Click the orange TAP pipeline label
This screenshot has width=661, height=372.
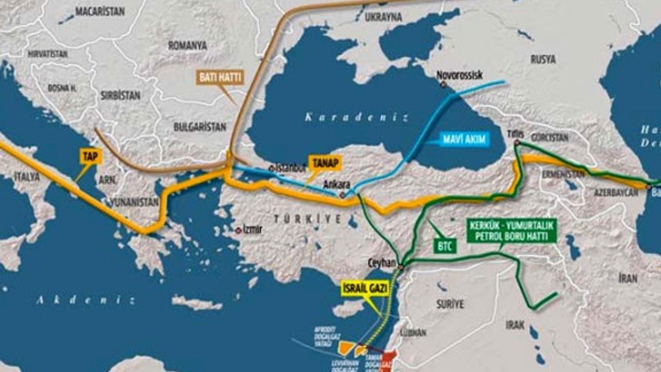pyautogui.click(x=89, y=157)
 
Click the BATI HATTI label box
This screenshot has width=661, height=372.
pyautogui.click(x=219, y=78)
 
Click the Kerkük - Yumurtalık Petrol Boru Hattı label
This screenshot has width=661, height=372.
pyautogui.click(x=512, y=231)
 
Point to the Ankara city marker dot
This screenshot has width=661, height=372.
pyautogui.click(x=342, y=195)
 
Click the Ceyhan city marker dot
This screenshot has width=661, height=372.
pyautogui.click(x=400, y=267)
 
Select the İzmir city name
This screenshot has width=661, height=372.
pyautogui.click(x=253, y=230)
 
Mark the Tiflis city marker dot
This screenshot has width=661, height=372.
pyautogui.click(x=516, y=142)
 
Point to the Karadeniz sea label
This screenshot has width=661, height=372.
pyautogui.click(x=356, y=117)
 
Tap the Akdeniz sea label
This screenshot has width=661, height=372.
pyautogui.click(x=85, y=300)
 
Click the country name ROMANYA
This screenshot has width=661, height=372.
pyautogui.click(x=187, y=46)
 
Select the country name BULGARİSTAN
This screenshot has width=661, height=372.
pyautogui.click(x=200, y=127)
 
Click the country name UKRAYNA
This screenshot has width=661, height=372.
pyautogui.click(x=383, y=17)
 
